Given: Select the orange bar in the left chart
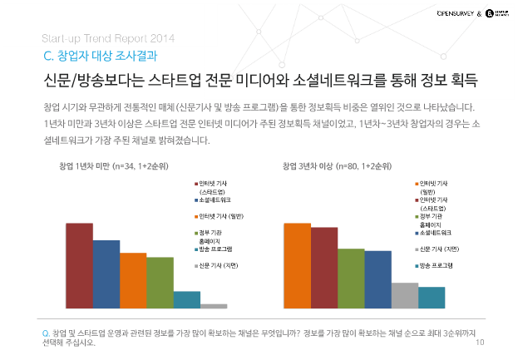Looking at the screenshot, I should click(133, 280).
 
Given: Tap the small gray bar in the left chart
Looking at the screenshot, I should click(214, 306).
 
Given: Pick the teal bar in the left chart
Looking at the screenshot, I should click(187, 300).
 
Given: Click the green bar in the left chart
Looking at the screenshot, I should click(160, 283).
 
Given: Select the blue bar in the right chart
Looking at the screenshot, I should click(377, 279).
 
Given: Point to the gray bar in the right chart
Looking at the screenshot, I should click(404, 295).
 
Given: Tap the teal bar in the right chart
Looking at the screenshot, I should click(432, 298).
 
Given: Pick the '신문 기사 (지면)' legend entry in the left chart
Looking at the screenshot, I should click(221, 266).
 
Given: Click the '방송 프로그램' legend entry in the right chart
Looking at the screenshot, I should click(437, 265).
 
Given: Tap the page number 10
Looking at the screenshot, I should click(481, 343).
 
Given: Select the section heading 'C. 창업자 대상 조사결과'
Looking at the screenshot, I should click(99, 56).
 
